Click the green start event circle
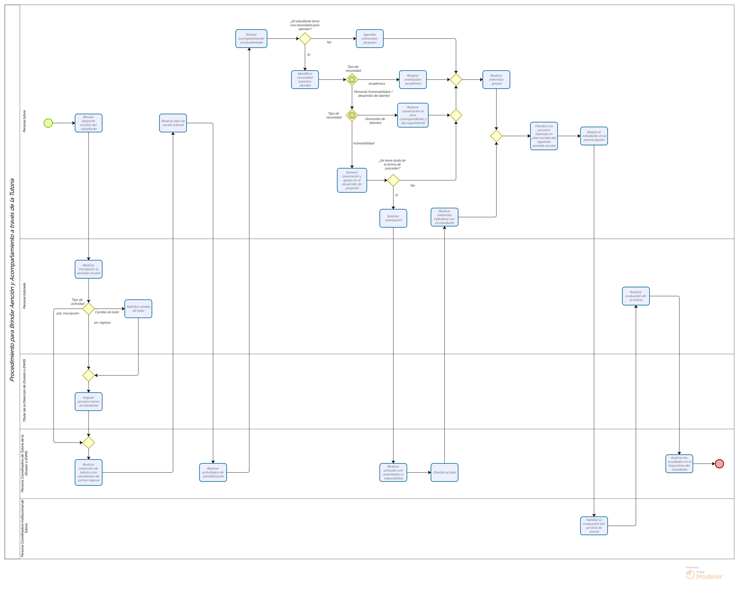tap(48, 123)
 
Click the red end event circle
tap(719, 464)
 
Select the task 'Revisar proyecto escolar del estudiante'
tap(89, 123)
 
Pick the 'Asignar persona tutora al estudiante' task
tap(89, 402)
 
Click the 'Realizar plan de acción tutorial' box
tap(173, 123)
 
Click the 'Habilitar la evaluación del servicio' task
tap(594, 526)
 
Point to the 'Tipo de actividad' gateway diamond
tap(89, 308)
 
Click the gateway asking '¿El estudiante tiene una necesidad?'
tap(305, 39)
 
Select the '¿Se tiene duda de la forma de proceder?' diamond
tap(393, 180)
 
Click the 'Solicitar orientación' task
tap(393, 218)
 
